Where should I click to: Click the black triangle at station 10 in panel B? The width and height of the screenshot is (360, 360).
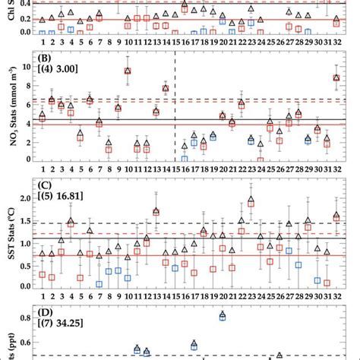[128, 71]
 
